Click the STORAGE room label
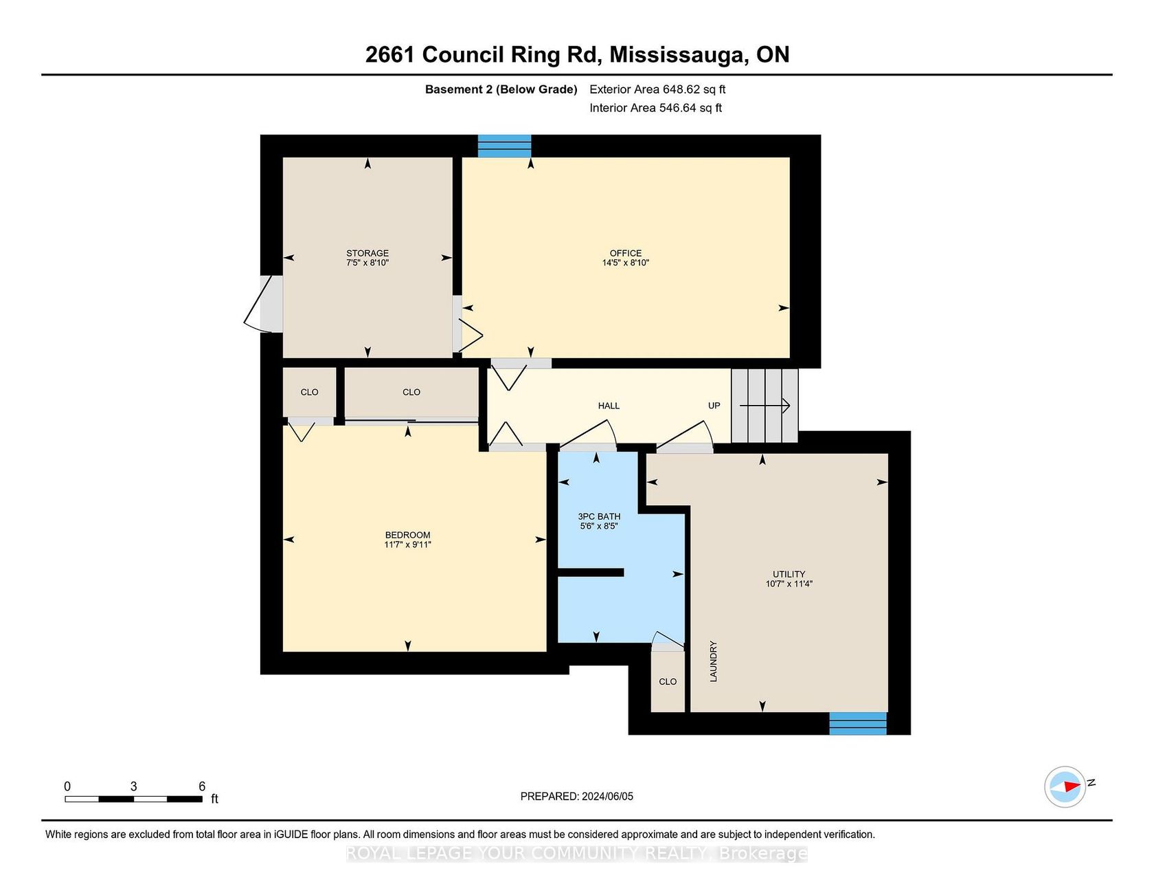pyautogui.click(x=367, y=253)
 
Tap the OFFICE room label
pyautogui.click(x=626, y=253)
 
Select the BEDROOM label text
pyautogui.click(x=408, y=535)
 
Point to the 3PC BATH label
pyautogui.click(x=599, y=516)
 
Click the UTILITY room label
pyautogui.click(x=789, y=574)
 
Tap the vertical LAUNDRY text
pyautogui.click(x=713, y=661)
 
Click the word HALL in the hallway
pyautogui.click(x=609, y=406)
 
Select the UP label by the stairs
pyautogui.click(x=714, y=406)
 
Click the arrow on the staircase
pyautogui.click(x=765, y=406)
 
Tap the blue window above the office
pyautogui.click(x=505, y=146)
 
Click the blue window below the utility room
pyautogui.click(x=858, y=723)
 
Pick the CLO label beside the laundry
pyautogui.click(x=668, y=681)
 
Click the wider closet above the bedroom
pyautogui.click(x=411, y=393)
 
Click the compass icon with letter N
pyautogui.click(x=1065, y=786)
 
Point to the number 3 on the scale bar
pyautogui.click(x=134, y=786)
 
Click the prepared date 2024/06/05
pyautogui.click(x=607, y=796)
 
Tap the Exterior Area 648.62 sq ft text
pyautogui.click(x=657, y=89)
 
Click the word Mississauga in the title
pyautogui.click(x=679, y=55)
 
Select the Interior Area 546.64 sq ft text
pyautogui.click(x=655, y=108)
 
